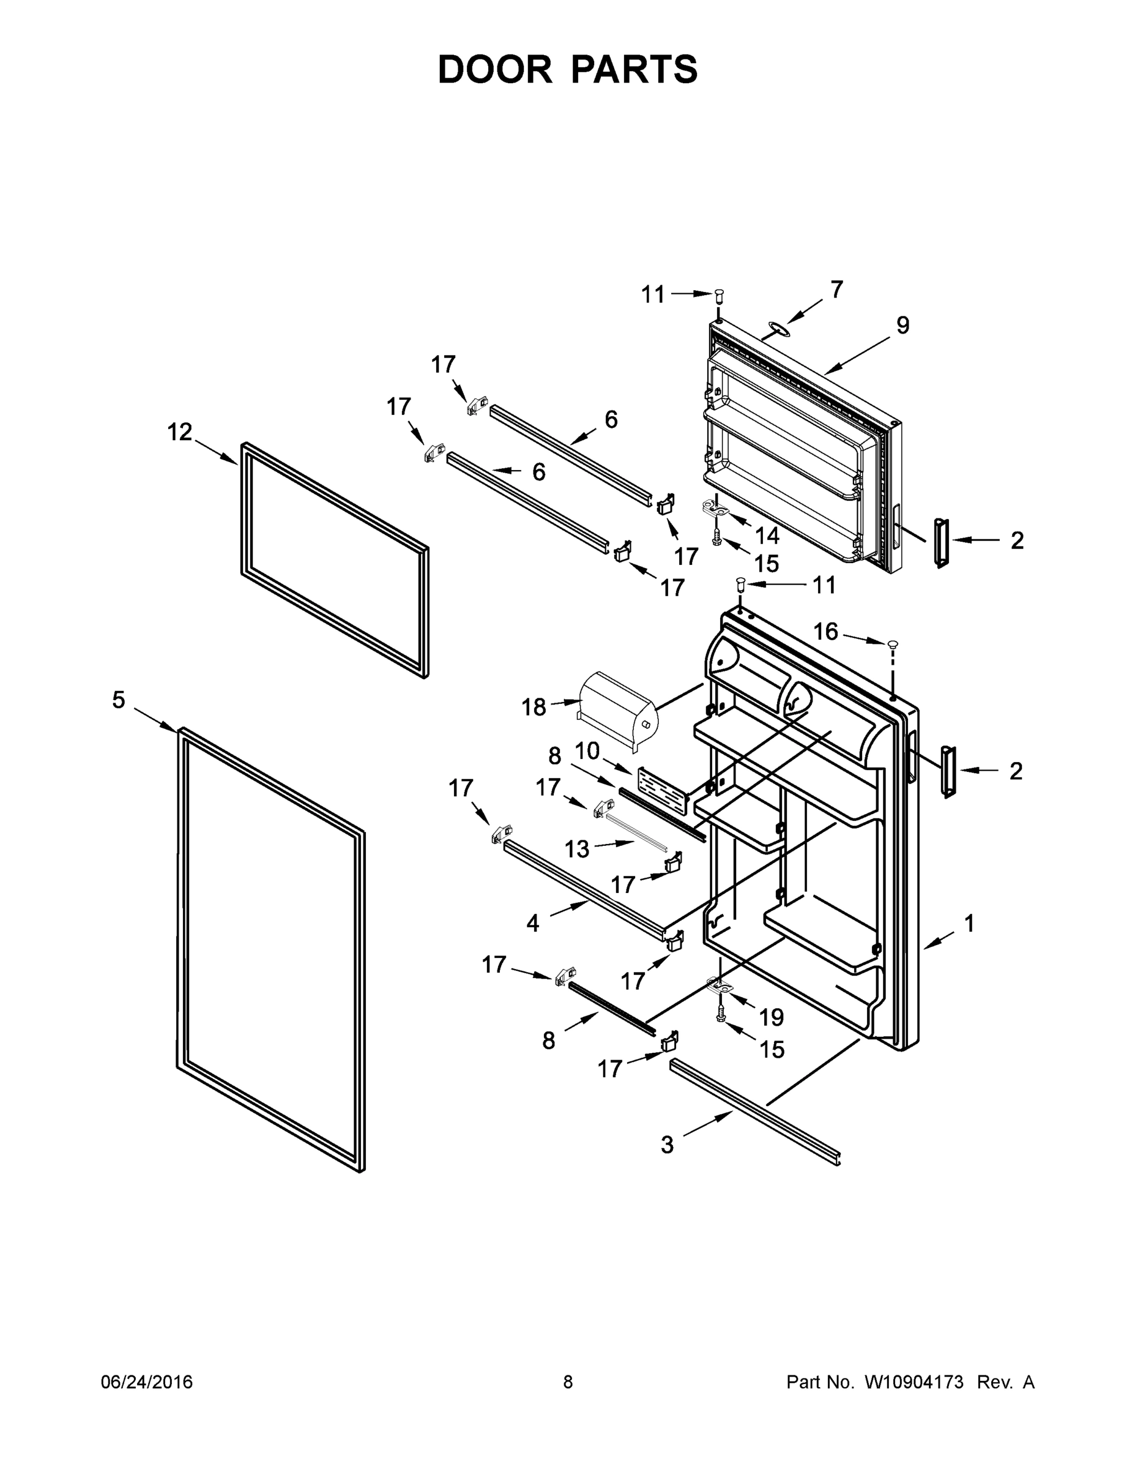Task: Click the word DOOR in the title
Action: pos(495,69)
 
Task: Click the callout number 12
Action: pos(179,432)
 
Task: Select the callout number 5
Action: pos(118,700)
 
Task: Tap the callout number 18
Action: pos(534,707)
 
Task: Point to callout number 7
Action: pos(836,290)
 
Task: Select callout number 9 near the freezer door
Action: pos(902,326)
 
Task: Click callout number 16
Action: pos(825,632)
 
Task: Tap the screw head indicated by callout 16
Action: pos(893,645)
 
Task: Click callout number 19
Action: pos(771,1018)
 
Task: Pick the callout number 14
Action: pos(767,536)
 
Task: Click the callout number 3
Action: pos(666,1144)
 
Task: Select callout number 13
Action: pos(576,850)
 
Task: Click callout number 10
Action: pos(587,750)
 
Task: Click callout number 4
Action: pos(532,924)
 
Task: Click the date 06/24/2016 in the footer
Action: pos(147,1382)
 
